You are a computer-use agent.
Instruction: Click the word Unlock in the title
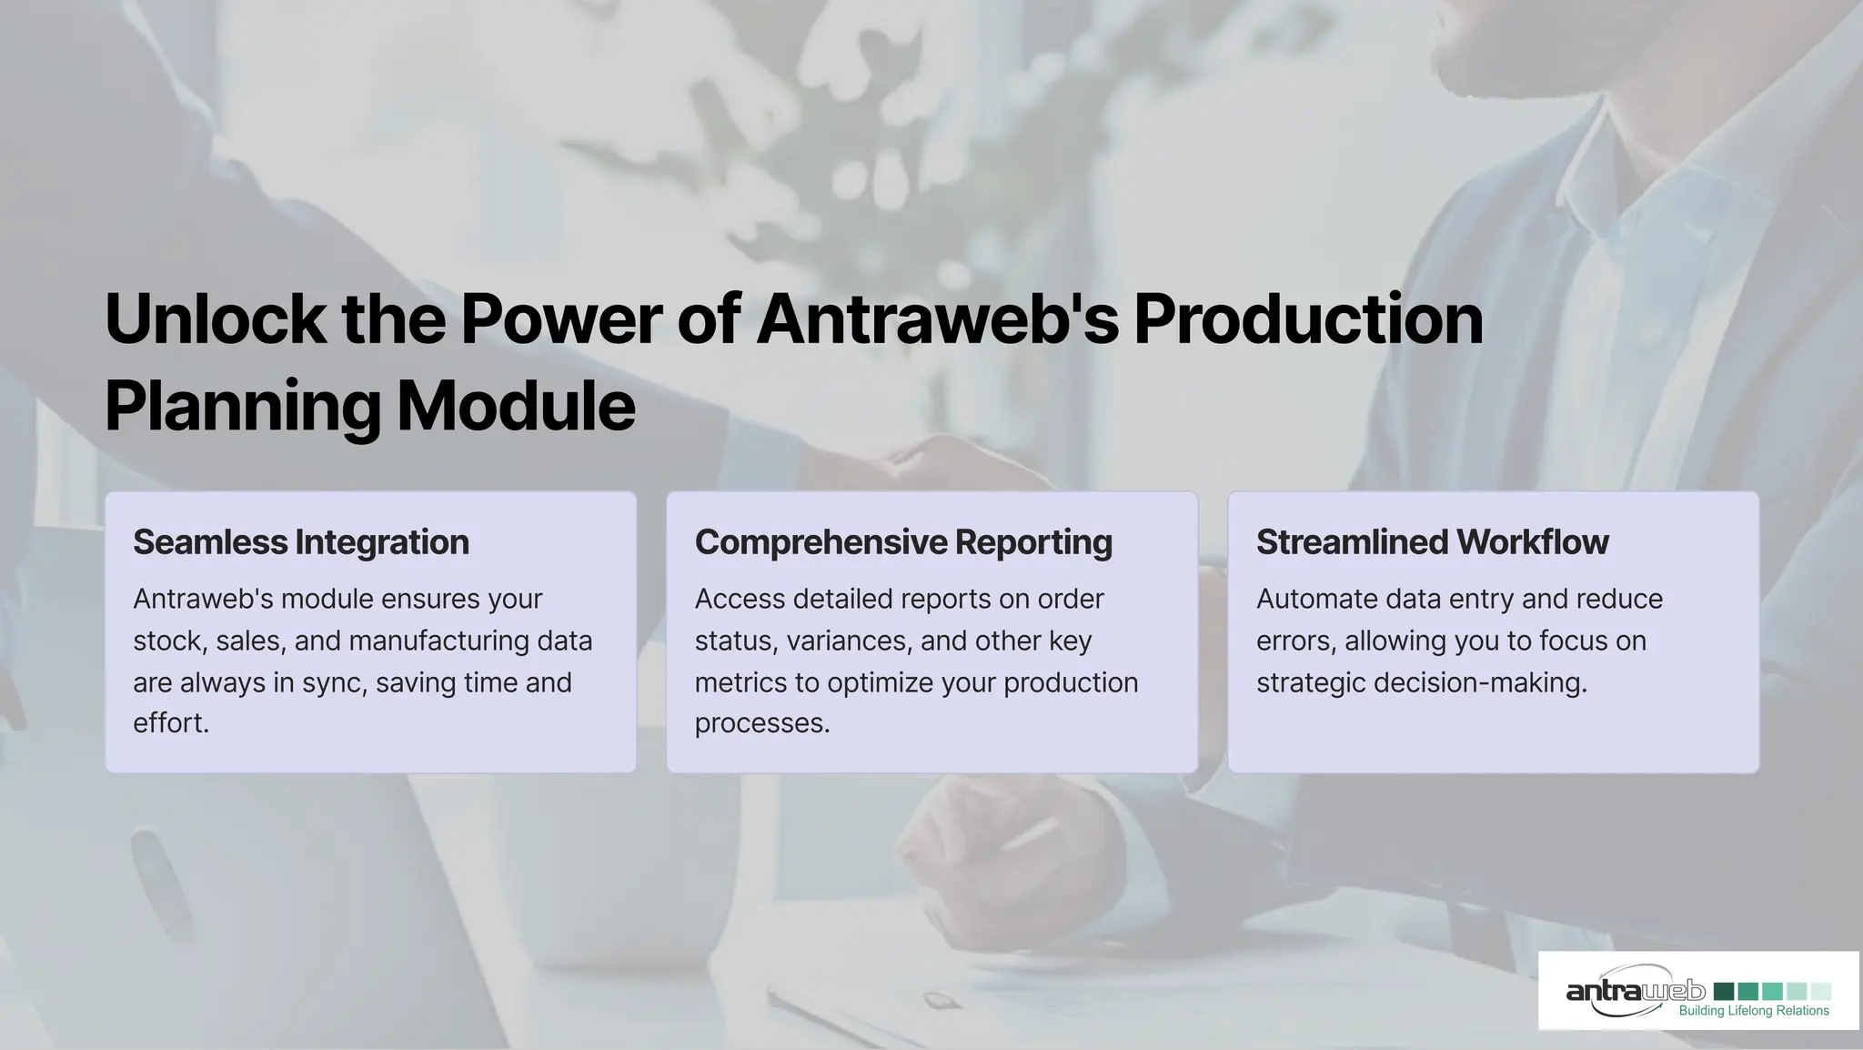[x=215, y=319]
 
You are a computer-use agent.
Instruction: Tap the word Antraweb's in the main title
[x=937, y=319]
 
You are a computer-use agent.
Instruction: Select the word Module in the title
[x=516, y=406]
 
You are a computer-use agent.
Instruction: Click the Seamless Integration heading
[x=301, y=542]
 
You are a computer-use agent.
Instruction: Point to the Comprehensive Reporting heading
[x=903, y=542]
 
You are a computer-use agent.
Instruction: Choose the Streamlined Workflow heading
[x=1432, y=542]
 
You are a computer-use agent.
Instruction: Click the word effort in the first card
[x=169, y=723]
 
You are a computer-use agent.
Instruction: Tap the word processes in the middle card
[x=760, y=723]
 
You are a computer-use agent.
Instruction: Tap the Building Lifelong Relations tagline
[x=1753, y=1011]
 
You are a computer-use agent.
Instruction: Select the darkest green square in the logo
[x=1723, y=991]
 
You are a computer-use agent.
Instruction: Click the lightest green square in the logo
[x=1820, y=991]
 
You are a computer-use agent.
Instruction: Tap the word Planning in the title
[x=242, y=406]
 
